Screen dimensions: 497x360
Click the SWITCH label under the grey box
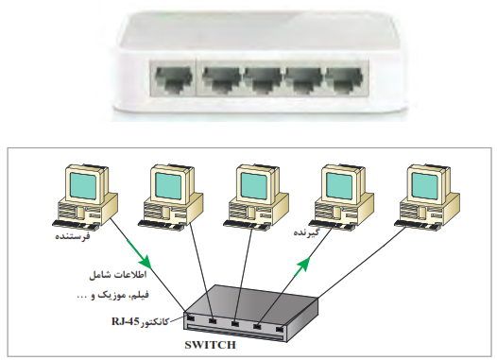(210, 345)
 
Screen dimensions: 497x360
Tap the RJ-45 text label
(126, 322)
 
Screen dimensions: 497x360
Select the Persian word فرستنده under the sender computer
(73, 236)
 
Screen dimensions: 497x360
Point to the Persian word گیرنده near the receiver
(306, 232)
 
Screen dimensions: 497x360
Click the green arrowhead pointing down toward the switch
(145, 261)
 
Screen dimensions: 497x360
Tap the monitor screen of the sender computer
(84, 186)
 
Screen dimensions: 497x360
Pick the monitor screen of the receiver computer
(339, 186)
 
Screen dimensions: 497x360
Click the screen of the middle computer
(254, 186)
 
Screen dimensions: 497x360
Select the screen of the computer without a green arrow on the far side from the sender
(425, 186)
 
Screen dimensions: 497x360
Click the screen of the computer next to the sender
(168, 186)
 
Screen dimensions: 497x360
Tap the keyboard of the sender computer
(76, 225)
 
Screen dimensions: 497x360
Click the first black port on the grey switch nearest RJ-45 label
(191, 317)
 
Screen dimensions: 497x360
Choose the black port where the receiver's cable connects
(257, 326)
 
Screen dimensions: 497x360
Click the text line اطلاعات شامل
(117, 274)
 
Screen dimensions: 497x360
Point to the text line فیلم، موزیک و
(112, 295)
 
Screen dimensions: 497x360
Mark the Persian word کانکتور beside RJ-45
(154, 322)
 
